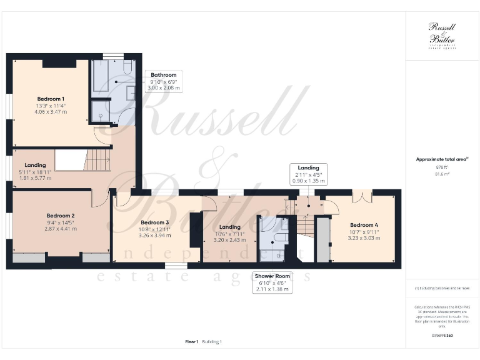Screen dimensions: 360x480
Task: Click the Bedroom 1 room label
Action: pos(51,99)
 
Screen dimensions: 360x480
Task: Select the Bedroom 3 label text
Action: pos(154,222)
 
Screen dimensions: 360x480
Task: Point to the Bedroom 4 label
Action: pos(363,225)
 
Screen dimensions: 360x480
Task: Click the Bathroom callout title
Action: pos(164,75)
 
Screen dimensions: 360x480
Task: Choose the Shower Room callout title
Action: pos(273,276)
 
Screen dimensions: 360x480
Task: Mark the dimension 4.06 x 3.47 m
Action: pos(51,112)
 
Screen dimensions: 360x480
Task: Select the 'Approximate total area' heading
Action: pos(442,159)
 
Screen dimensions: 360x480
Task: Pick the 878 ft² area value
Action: pos(442,168)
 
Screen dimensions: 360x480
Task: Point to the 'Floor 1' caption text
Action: pos(192,342)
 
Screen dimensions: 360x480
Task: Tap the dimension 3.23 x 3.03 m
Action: pos(363,237)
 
